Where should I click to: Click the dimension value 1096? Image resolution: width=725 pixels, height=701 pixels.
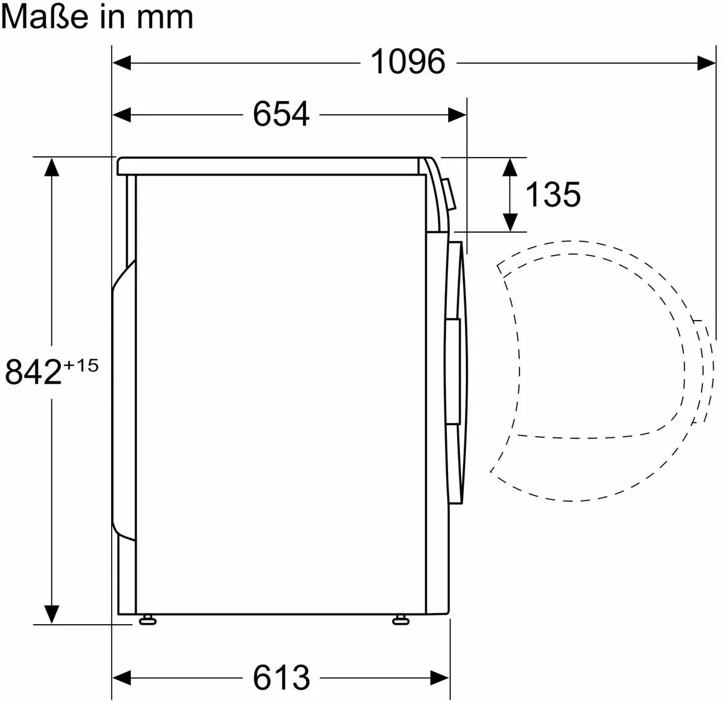[408, 61]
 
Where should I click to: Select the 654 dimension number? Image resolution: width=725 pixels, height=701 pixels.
[281, 114]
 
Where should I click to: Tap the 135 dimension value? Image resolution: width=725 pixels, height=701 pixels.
[553, 194]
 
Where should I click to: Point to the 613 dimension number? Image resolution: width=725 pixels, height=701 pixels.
[281, 678]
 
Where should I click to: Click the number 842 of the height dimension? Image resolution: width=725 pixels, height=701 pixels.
[34, 372]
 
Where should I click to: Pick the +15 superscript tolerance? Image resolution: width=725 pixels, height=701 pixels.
[81, 365]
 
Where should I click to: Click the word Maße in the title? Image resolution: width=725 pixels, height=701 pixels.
[45, 17]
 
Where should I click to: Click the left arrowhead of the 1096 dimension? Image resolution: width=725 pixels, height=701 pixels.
[122, 62]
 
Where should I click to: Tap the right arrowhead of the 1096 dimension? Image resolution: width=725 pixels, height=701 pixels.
[706, 62]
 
